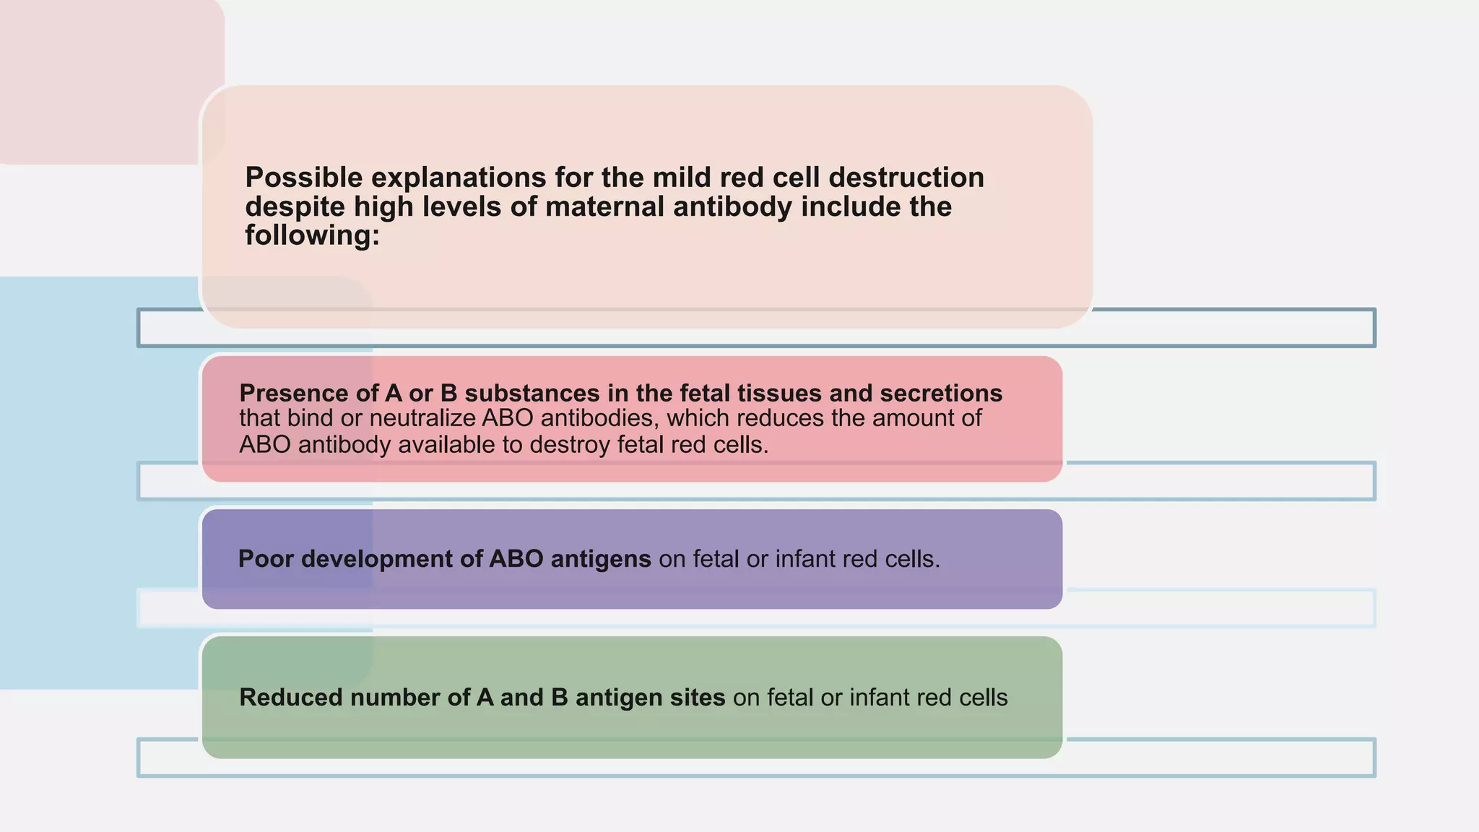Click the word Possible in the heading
pyautogui.click(x=303, y=178)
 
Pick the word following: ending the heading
pyautogui.click(x=312, y=235)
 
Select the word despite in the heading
pyautogui.click(x=295, y=207)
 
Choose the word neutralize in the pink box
pyautogui.click(x=422, y=418)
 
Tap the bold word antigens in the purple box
pyautogui.click(x=601, y=559)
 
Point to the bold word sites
pyautogui.click(x=699, y=698)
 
